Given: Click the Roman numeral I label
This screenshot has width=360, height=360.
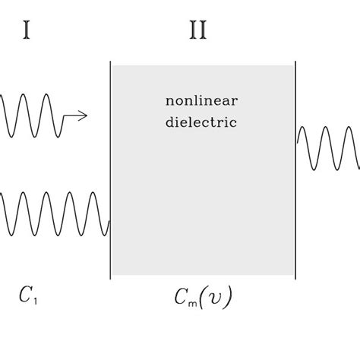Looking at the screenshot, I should [x=27, y=30].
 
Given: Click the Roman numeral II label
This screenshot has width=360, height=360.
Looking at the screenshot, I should [x=197, y=30].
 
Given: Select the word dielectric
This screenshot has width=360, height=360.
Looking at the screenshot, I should [x=201, y=122].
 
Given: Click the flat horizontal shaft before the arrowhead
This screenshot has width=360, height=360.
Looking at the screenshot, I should [x=71, y=115].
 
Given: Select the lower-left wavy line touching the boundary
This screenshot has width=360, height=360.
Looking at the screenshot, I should [x=53, y=214].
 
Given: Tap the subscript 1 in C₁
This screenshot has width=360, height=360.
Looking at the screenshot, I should [x=34, y=299].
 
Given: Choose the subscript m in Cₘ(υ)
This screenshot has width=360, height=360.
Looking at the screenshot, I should [x=194, y=302].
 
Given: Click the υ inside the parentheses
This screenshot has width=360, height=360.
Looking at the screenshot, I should [x=215, y=298].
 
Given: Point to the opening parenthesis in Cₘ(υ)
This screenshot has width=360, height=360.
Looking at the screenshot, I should [x=205, y=298].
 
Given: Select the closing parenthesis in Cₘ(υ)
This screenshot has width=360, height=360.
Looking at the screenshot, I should [x=227, y=298].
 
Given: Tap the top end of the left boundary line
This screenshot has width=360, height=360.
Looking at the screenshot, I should [x=111, y=63].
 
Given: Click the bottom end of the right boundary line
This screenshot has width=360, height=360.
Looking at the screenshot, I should [x=295, y=278].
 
